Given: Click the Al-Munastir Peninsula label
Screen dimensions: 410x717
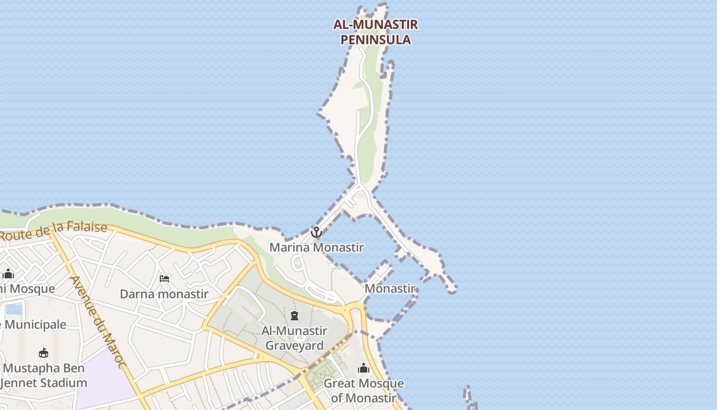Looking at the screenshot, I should (x=375, y=32).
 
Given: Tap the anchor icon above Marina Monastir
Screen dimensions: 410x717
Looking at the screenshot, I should (x=317, y=232).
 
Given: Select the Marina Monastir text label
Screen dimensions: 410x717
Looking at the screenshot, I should (x=317, y=248).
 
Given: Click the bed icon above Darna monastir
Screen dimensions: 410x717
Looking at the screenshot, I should (x=164, y=279).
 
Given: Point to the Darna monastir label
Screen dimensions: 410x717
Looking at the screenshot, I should (x=164, y=294).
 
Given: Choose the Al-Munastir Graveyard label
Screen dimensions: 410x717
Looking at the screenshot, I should (x=294, y=338).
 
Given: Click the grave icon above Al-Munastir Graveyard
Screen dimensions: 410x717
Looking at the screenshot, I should (x=294, y=316).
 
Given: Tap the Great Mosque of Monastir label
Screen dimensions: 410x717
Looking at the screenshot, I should (x=364, y=391).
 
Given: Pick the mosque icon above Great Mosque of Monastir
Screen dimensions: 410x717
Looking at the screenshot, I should (x=364, y=368).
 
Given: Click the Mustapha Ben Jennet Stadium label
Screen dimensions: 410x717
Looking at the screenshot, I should (x=45, y=376).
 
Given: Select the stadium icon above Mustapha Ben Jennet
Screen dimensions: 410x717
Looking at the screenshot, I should (x=44, y=353).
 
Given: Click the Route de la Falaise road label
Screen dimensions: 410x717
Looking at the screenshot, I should (x=54, y=232).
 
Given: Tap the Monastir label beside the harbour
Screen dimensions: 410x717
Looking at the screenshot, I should (x=389, y=289).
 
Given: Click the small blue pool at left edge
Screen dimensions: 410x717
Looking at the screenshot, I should (x=14, y=309).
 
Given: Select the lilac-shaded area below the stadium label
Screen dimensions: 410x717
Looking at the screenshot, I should (x=105, y=379).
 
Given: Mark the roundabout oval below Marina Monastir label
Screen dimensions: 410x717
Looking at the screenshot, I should (x=297, y=263).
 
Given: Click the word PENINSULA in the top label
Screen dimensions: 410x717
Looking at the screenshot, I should (x=375, y=39).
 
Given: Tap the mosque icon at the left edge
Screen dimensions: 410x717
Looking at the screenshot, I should (x=8, y=274).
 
